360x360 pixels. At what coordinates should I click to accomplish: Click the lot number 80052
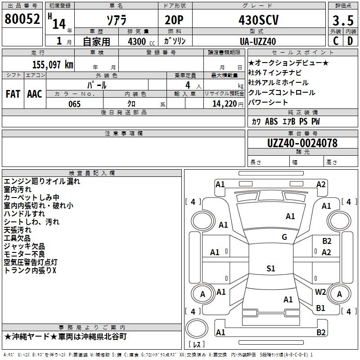[22, 19]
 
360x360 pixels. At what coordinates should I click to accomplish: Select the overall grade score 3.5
[343, 20]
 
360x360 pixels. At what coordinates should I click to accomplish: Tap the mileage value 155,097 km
[53, 65]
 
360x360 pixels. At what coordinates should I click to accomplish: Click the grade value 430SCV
[259, 20]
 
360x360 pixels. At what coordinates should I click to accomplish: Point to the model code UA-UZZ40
[258, 41]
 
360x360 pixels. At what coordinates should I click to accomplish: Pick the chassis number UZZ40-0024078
[302, 143]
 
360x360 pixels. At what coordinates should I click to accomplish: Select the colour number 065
[75, 104]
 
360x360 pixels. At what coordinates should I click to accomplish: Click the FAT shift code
[13, 94]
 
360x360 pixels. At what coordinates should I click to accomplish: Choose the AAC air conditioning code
[35, 94]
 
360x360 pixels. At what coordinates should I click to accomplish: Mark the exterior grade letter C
[336, 41]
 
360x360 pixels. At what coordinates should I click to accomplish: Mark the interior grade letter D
[350, 41]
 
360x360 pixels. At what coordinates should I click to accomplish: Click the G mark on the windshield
[284, 237]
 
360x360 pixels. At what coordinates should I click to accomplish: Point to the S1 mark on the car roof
[271, 268]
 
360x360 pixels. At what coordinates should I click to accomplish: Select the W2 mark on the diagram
[320, 292]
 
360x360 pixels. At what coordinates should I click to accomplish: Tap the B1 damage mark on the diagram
[320, 308]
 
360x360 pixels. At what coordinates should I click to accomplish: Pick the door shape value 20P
[174, 20]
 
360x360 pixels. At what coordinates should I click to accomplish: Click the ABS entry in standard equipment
[271, 121]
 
